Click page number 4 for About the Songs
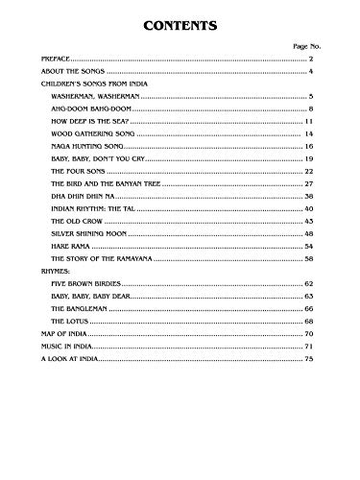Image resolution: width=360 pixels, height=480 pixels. pos(311,72)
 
